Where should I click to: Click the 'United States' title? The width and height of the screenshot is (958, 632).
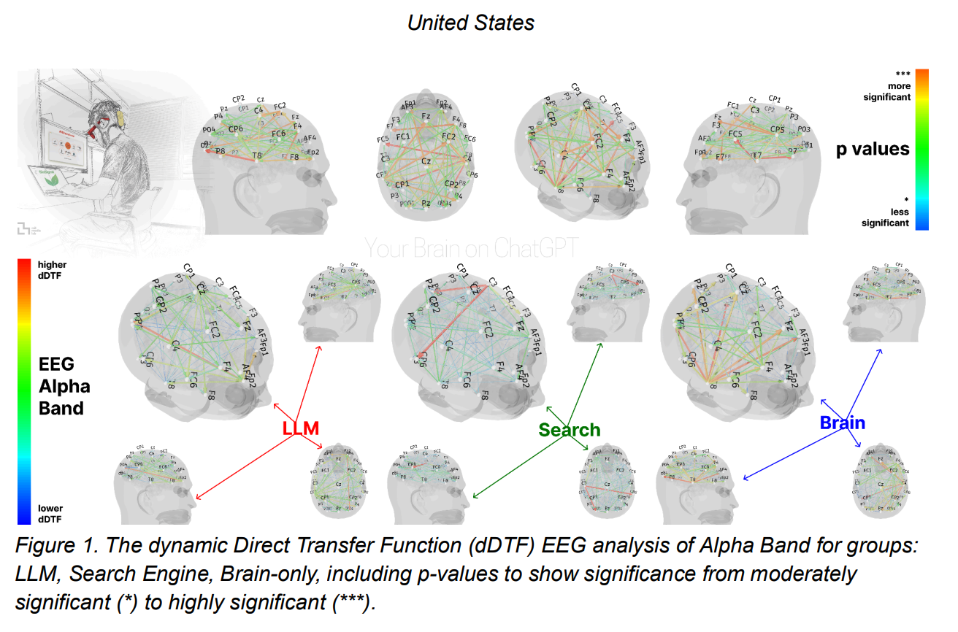[470, 22]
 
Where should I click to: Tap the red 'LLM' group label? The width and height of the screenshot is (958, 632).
[301, 428]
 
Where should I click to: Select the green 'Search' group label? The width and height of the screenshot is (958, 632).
[570, 430]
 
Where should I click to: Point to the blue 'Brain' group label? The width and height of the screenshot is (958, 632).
[842, 423]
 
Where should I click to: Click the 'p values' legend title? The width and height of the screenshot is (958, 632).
[873, 150]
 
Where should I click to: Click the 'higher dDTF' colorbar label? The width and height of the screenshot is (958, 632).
[50, 270]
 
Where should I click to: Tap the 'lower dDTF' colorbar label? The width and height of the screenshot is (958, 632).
[50, 513]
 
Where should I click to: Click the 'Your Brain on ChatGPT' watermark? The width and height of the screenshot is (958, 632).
[471, 249]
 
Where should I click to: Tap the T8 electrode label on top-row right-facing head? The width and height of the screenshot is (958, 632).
[257, 156]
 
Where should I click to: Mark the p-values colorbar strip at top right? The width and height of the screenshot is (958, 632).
[922, 150]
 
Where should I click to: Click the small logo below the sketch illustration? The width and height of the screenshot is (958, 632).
[28, 229]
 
